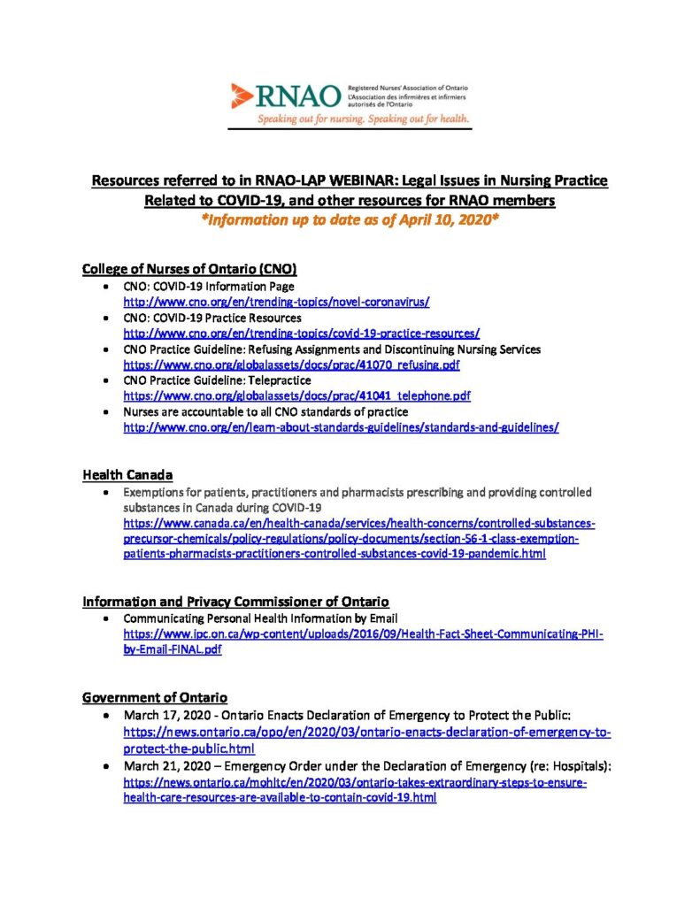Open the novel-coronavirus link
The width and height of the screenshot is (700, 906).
(276, 302)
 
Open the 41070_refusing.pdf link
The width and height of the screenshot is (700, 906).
(291, 364)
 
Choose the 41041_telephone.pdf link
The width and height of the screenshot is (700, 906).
(296, 395)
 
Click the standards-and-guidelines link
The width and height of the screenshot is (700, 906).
(341, 426)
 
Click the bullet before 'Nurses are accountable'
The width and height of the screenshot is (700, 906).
(107, 412)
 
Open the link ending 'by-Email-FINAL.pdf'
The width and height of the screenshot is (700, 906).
(173, 649)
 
